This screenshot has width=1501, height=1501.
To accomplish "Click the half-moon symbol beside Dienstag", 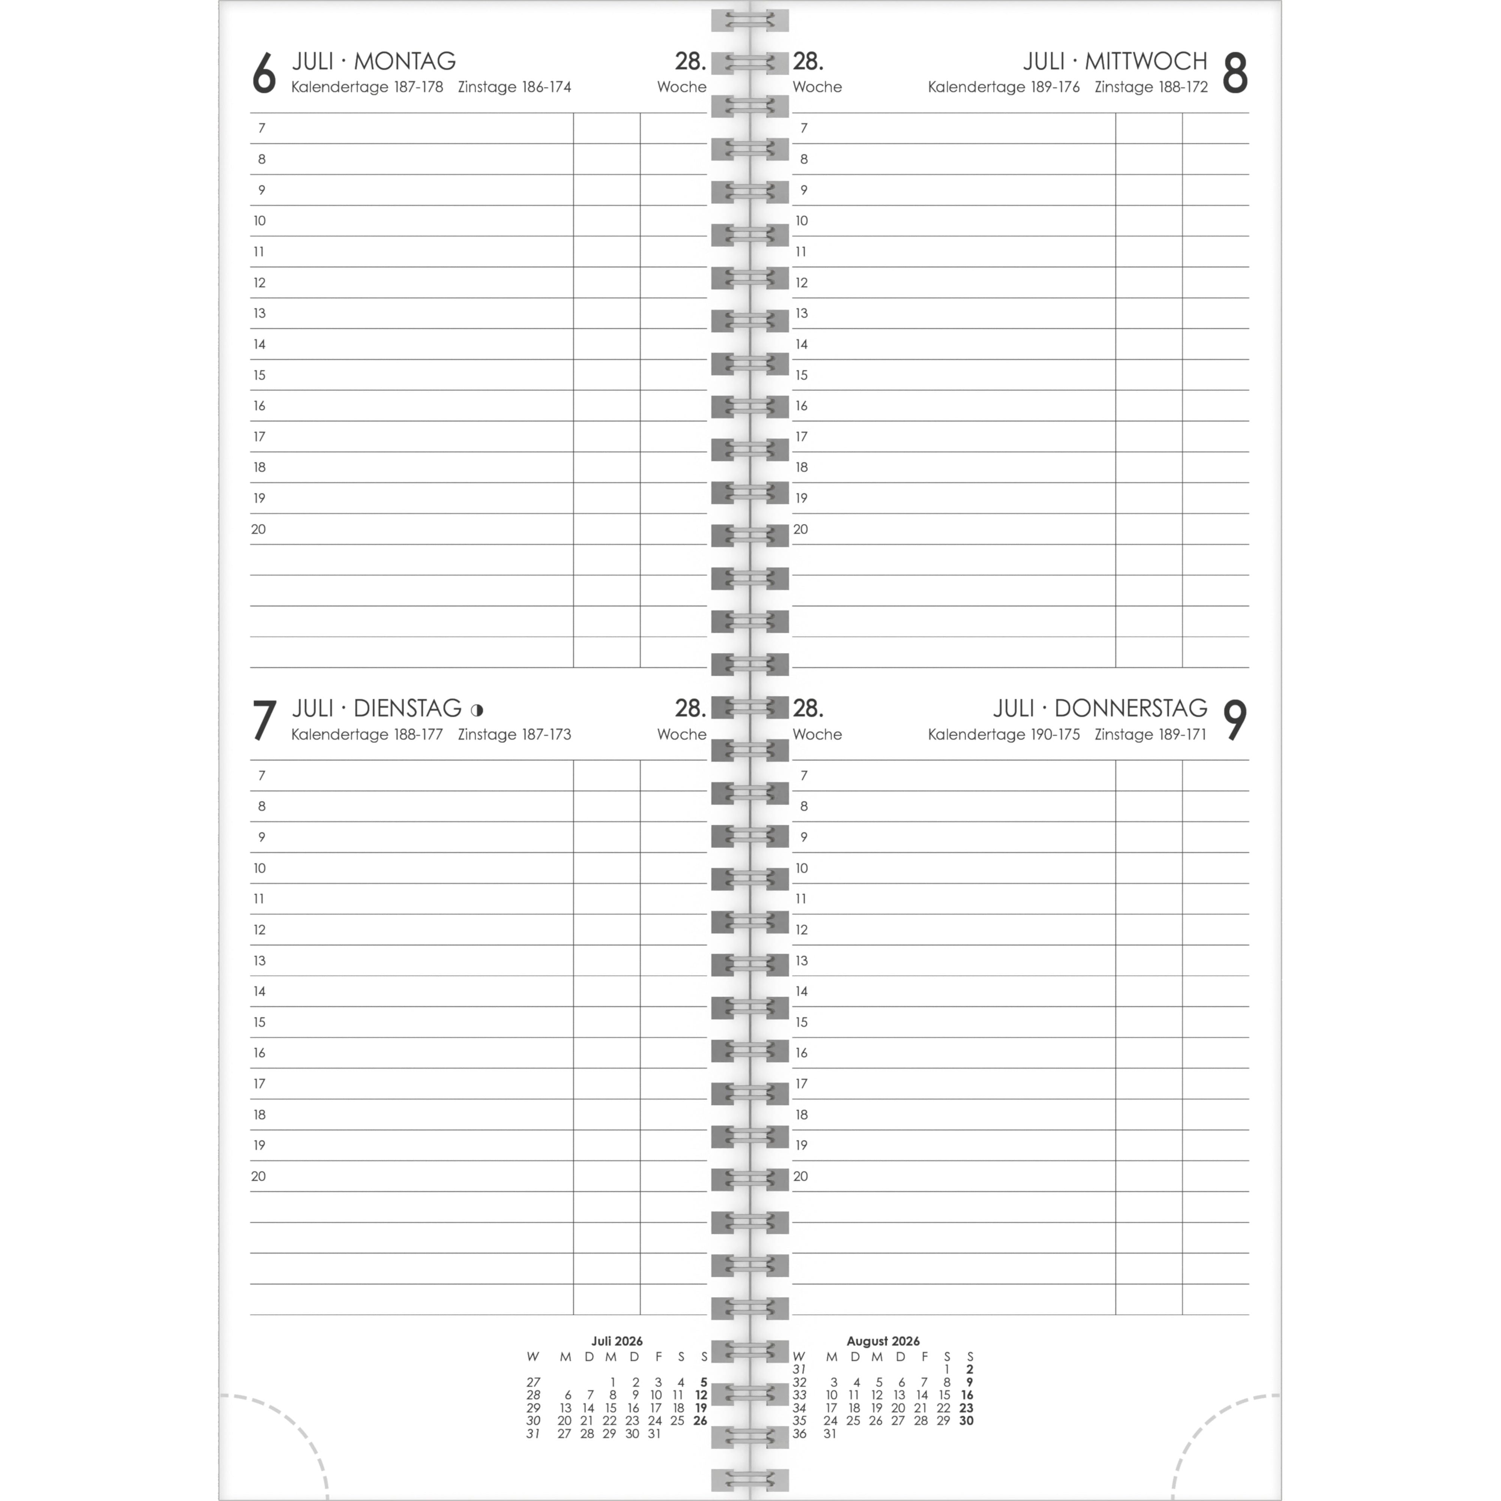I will coord(477,709).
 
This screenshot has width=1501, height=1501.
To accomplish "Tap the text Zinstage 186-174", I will coord(514,87).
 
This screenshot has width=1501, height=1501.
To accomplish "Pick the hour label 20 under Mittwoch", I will coord(801,529).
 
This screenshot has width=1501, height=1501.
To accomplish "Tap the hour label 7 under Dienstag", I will coord(261,775).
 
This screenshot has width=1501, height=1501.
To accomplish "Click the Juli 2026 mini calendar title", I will coord(617,1341).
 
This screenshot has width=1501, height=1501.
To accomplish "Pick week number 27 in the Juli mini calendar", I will coord(533,1382).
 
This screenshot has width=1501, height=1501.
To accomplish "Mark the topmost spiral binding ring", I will coord(750,20).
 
